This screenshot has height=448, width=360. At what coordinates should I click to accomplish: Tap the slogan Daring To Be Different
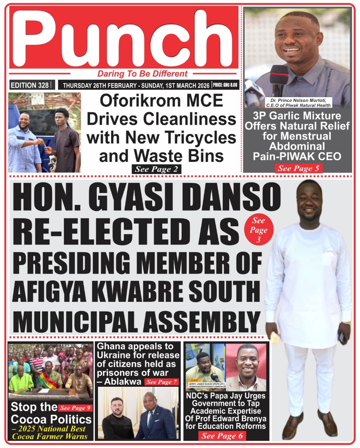(142, 74)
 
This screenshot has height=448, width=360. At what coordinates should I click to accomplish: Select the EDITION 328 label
(29, 85)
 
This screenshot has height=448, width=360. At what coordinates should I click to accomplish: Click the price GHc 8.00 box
(225, 85)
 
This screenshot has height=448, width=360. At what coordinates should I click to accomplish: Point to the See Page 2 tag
(156, 169)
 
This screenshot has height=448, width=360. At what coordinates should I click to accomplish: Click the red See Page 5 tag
(298, 168)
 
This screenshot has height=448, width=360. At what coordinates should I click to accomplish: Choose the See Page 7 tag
(161, 382)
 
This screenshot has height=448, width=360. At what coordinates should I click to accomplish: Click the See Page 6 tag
(222, 436)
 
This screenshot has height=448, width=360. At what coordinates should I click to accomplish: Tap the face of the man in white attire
(310, 199)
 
